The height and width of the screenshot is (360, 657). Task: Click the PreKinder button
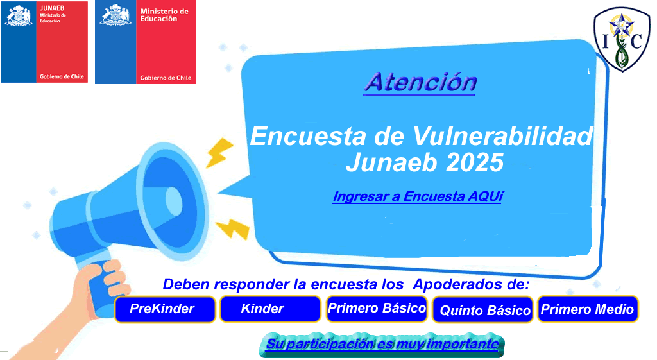point(165,309)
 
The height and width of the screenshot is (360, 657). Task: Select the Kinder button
point(270,309)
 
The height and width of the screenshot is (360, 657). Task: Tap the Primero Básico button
point(377,309)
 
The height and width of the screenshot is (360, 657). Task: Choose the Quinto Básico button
point(482,310)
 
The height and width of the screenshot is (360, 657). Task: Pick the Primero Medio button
point(588,309)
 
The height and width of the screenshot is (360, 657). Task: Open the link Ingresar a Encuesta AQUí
point(417,196)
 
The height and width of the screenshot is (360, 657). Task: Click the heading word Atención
point(420,83)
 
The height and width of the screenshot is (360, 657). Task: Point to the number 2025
point(474,162)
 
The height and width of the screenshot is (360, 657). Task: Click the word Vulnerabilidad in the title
point(502,136)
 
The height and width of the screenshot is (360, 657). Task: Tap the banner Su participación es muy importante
point(382,345)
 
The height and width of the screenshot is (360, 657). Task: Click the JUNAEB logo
point(44,42)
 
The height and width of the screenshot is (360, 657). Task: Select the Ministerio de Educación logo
point(146,42)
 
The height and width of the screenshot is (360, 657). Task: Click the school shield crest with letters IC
point(622,39)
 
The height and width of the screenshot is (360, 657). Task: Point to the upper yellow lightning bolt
point(219,153)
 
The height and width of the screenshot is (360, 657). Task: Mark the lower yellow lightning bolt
point(232,228)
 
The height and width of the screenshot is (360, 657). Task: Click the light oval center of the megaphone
point(174,201)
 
